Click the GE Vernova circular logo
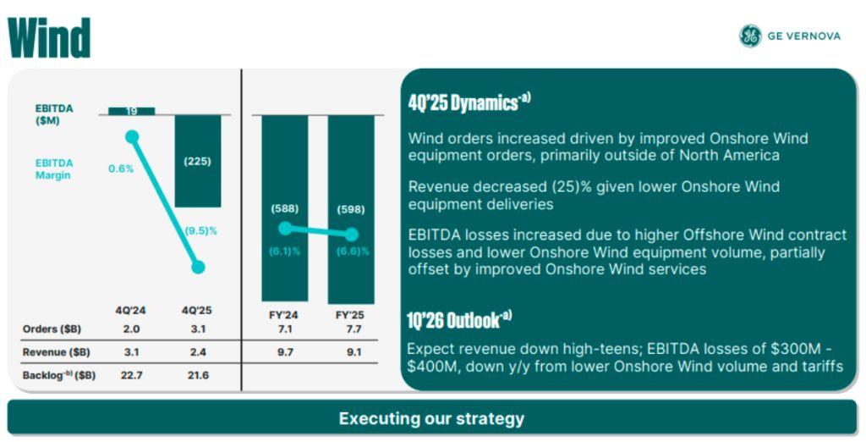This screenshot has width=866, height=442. pyautogui.click(x=749, y=36)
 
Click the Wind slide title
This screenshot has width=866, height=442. pyautogui.click(x=49, y=37)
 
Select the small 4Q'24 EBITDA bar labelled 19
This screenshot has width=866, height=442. pyautogui.click(x=132, y=111)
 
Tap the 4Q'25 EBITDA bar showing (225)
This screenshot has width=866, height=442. pyautogui.click(x=198, y=161)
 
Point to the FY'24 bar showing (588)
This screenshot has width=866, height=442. pyautogui.click(x=285, y=208)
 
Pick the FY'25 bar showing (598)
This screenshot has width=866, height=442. pyautogui.click(x=351, y=208)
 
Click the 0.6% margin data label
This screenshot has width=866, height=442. pyautogui.click(x=121, y=169)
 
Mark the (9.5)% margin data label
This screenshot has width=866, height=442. pyautogui.click(x=201, y=229)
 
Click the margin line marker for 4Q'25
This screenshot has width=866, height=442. pyautogui.click(x=198, y=268)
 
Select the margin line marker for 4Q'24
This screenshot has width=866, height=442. pyautogui.click(x=132, y=136)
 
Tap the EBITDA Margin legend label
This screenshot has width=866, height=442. pyautogui.click(x=54, y=169)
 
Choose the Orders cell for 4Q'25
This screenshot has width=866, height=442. pyautogui.click(x=198, y=329)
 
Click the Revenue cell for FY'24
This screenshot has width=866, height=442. pyautogui.click(x=285, y=351)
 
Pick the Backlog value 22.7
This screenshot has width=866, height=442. pyautogui.click(x=132, y=374)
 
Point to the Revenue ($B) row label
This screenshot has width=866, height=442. pyautogui.click(x=57, y=351)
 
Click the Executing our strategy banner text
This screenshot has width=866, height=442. pyautogui.click(x=431, y=418)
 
